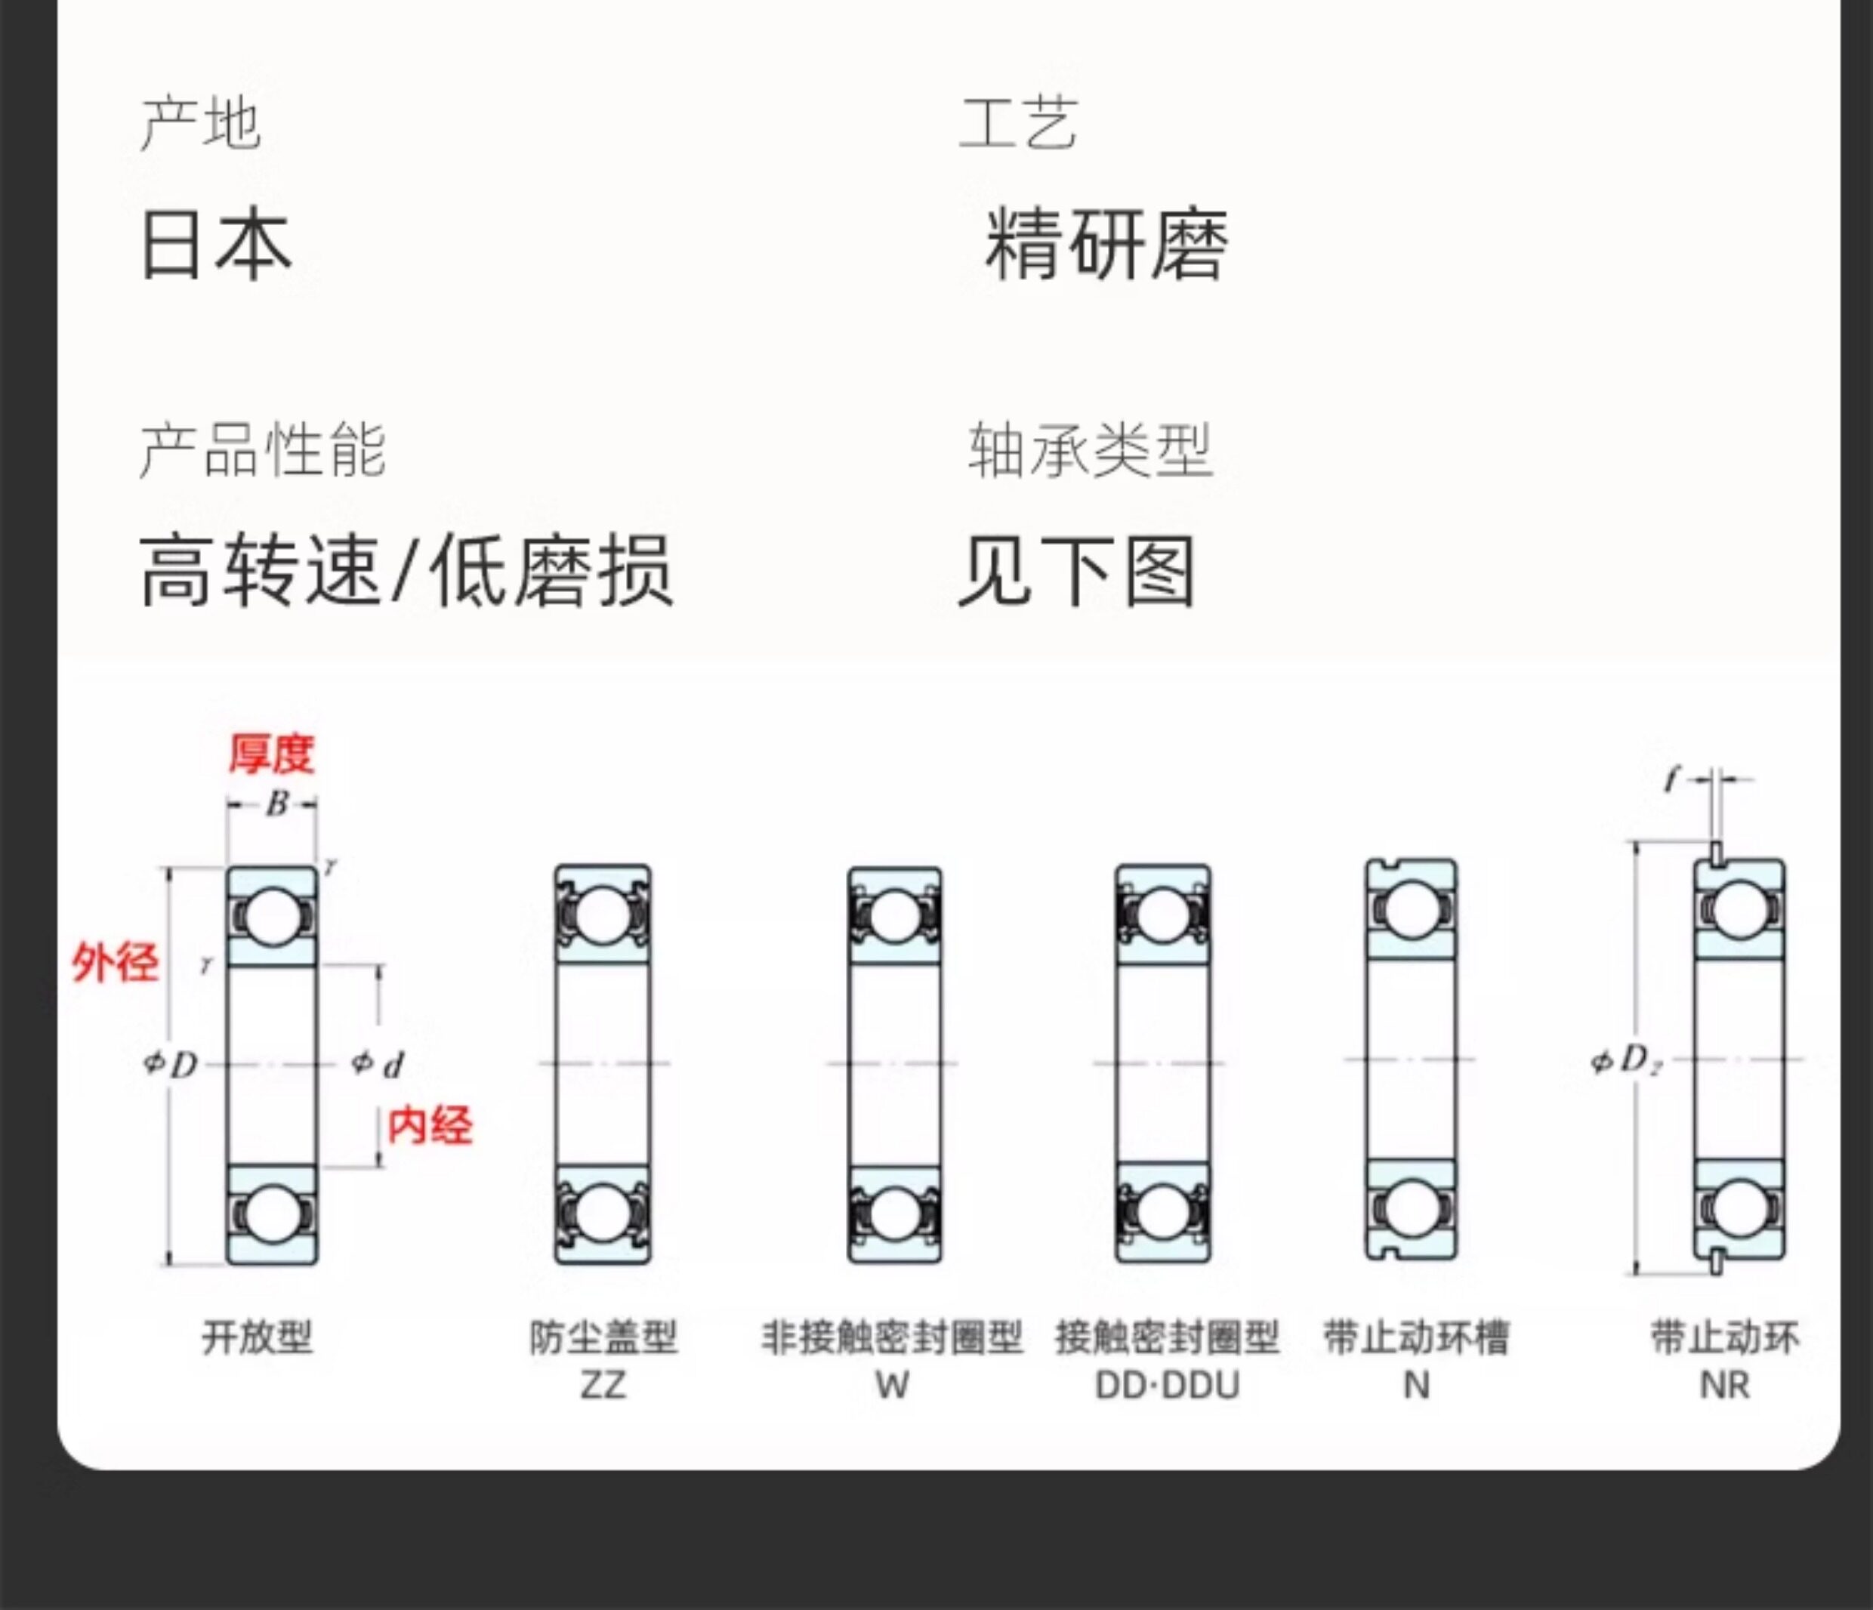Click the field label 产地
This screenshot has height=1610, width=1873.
tap(201, 124)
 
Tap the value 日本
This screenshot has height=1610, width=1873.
tap(216, 244)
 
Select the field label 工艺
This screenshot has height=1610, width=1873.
tap(1018, 124)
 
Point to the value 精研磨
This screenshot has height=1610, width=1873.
tap(1106, 244)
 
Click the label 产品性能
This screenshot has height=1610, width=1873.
tap(262, 449)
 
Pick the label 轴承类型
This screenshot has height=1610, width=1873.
tap(1089, 449)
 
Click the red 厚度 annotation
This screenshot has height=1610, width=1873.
tap(271, 754)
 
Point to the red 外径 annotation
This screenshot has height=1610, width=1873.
tap(115, 962)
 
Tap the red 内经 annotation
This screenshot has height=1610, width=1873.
tap(430, 1125)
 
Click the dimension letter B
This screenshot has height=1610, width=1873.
tap(276, 803)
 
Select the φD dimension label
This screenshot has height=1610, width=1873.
tap(171, 1064)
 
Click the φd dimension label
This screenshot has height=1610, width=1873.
tap(378, 1064)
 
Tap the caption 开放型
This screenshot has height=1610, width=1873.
tap(258, 1337)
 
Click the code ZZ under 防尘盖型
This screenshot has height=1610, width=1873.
tap(603, 1385)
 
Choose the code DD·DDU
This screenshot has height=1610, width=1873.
tap(1167, 1385)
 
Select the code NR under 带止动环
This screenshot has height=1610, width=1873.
tap(1725, 1385)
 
